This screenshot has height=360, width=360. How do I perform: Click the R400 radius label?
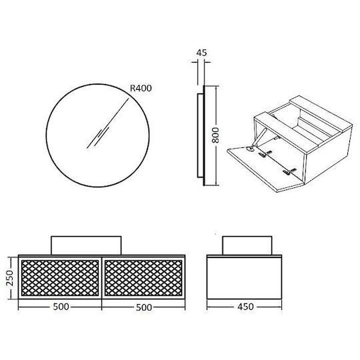(x=141, y=88)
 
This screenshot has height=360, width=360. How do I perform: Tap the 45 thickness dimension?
(x=201, y=53)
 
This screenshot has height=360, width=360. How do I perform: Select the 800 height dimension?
(x=215, y=135)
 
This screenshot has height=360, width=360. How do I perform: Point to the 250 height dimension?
(x=9, y=278)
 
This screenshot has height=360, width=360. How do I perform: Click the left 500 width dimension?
(x=61, y=307)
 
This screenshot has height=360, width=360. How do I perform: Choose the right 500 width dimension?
(x=144, y=307)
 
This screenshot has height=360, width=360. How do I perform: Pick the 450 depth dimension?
(x=245, y=307)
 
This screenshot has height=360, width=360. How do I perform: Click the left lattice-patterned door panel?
(x=60, y=278)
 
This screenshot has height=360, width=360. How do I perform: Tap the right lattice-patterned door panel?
(x=143, y=278)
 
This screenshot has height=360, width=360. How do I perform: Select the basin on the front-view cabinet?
(x=86, y=245)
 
